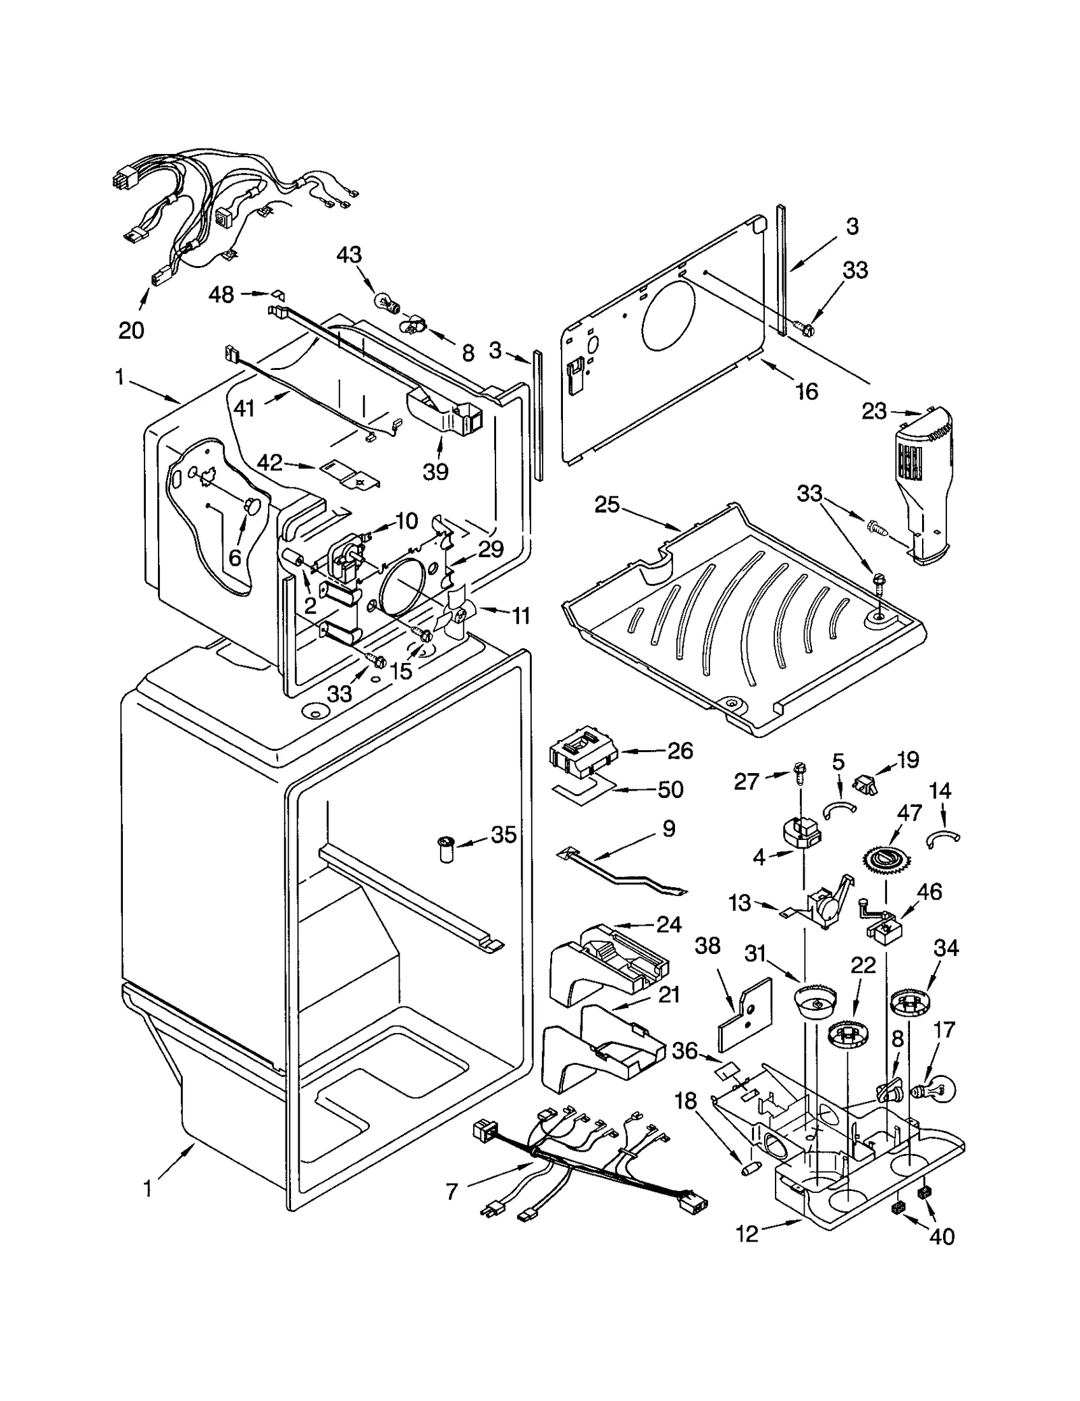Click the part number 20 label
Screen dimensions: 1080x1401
(x=131, y=331)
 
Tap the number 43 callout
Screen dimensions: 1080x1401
(x=349, y=255)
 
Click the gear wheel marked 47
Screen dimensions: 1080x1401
(x=884, y=859)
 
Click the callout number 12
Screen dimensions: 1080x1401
(x=747, y=1234)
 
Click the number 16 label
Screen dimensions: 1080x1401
(x=807, y=391)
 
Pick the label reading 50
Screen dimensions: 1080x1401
(x=670, y=789)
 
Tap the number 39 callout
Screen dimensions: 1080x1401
(x=435, y=471)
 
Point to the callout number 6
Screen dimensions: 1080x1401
(x=234, y=558)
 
